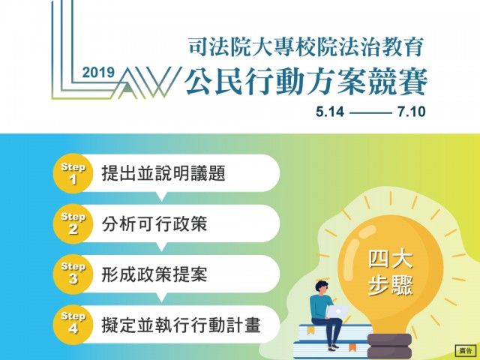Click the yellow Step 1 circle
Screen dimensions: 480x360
73,173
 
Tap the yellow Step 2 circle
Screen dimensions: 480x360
73,223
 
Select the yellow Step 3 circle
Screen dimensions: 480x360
73,274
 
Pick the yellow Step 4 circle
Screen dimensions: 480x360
73,325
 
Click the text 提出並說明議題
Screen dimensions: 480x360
163,173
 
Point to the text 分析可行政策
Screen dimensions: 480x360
154,223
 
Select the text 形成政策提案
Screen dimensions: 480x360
154,274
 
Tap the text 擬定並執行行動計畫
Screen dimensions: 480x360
181,325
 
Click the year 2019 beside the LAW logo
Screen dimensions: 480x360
98,73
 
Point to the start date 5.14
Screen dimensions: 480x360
330,112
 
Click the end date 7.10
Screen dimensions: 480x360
412,112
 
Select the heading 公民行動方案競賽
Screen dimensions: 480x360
306,82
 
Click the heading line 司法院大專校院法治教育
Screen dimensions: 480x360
306,46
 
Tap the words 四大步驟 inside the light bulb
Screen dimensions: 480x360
390,273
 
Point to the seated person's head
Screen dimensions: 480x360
322,289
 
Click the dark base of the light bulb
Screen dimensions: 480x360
389,346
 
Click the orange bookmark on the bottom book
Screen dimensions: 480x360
352,347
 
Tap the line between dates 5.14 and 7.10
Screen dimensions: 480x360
370,113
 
